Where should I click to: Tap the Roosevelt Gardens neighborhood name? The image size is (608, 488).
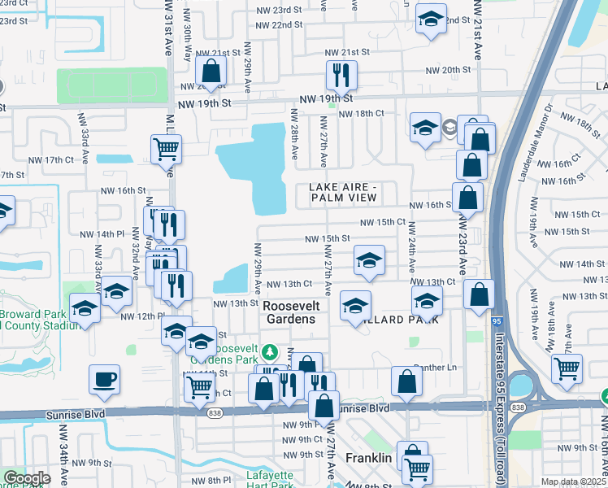[292, 312]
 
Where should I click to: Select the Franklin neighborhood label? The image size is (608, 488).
[369, 458]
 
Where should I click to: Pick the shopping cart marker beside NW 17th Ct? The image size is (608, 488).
[166, 148]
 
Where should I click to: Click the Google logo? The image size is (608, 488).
[27, 478]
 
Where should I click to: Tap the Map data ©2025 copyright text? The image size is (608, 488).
[572, 481]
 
